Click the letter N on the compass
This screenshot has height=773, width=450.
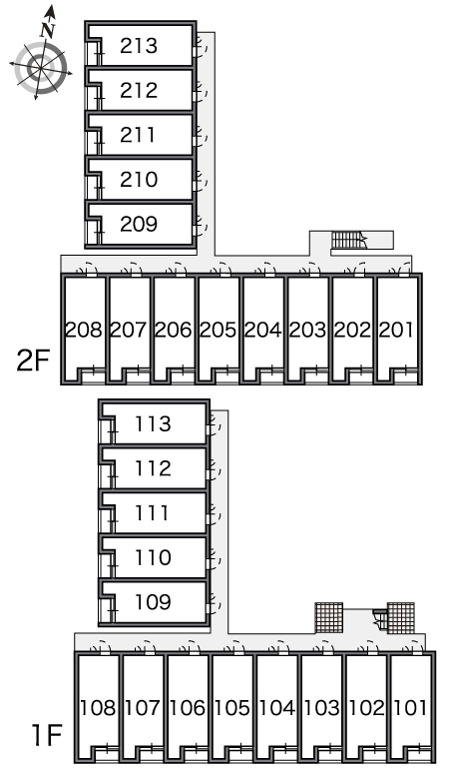point(47,31)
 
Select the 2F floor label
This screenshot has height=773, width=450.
point(34,362)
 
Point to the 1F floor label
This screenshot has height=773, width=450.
point(47,735)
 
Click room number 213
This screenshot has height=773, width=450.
point(139,46)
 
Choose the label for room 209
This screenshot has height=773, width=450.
point(139,224)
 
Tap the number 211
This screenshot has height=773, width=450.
point(138,135)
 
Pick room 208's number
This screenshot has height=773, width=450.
point(84,330)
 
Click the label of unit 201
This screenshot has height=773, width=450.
point(396,330)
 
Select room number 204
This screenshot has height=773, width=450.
point(262,330)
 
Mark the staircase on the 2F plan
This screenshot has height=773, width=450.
point(349,240)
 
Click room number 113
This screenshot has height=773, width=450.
point(153,424)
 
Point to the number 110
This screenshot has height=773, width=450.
point(153,557)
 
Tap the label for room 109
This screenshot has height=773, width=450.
point(153,602)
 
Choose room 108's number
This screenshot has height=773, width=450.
point(98,708)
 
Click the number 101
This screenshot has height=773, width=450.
point(410,708)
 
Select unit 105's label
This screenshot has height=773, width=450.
point(231,708)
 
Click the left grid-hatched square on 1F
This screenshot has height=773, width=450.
point(329,618)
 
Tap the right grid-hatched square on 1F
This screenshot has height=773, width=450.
point(401,618)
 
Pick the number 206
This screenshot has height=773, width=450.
point(174,330)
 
